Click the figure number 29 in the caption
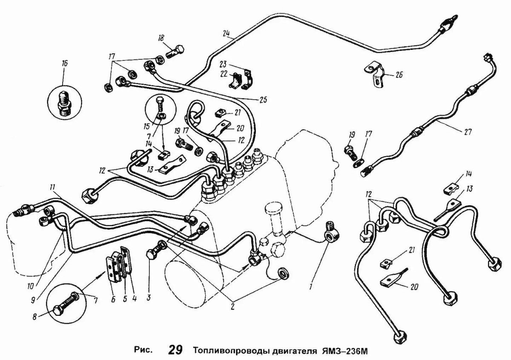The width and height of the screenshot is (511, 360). coord(175,350)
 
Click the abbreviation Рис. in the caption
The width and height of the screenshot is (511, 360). coord(143,351)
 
